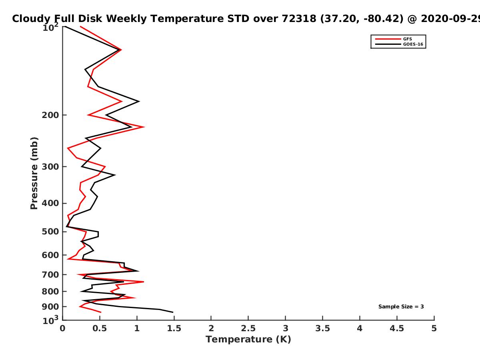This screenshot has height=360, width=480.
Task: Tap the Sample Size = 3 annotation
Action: tap(401, 306)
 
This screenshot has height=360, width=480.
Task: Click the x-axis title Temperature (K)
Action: tap(248, 339)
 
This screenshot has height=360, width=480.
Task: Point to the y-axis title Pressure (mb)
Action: tap(34, 173)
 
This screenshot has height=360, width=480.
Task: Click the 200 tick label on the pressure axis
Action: tap(50, 115)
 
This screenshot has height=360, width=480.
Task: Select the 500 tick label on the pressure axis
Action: tap(50, 232)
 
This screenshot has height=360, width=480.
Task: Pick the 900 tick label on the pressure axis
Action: tap(50, 307)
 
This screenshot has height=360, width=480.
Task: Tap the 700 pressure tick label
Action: tap(50, 274)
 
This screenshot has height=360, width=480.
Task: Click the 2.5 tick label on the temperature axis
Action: tap(248, 328)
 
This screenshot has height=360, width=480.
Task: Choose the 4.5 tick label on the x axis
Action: tap(397, 328)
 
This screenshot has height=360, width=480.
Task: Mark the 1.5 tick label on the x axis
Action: tap(174, 328)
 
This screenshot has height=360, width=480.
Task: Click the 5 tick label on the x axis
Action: tap(434, 328)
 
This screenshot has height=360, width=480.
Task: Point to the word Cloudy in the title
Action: tap(31, 19)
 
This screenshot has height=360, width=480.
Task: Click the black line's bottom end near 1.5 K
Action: tap(173, 312)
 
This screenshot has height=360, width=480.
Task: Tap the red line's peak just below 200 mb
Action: tap(144, 127)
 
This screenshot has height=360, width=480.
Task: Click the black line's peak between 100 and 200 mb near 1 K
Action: tap(139, 101)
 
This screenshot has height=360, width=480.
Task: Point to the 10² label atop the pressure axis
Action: tap(50, 27)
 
